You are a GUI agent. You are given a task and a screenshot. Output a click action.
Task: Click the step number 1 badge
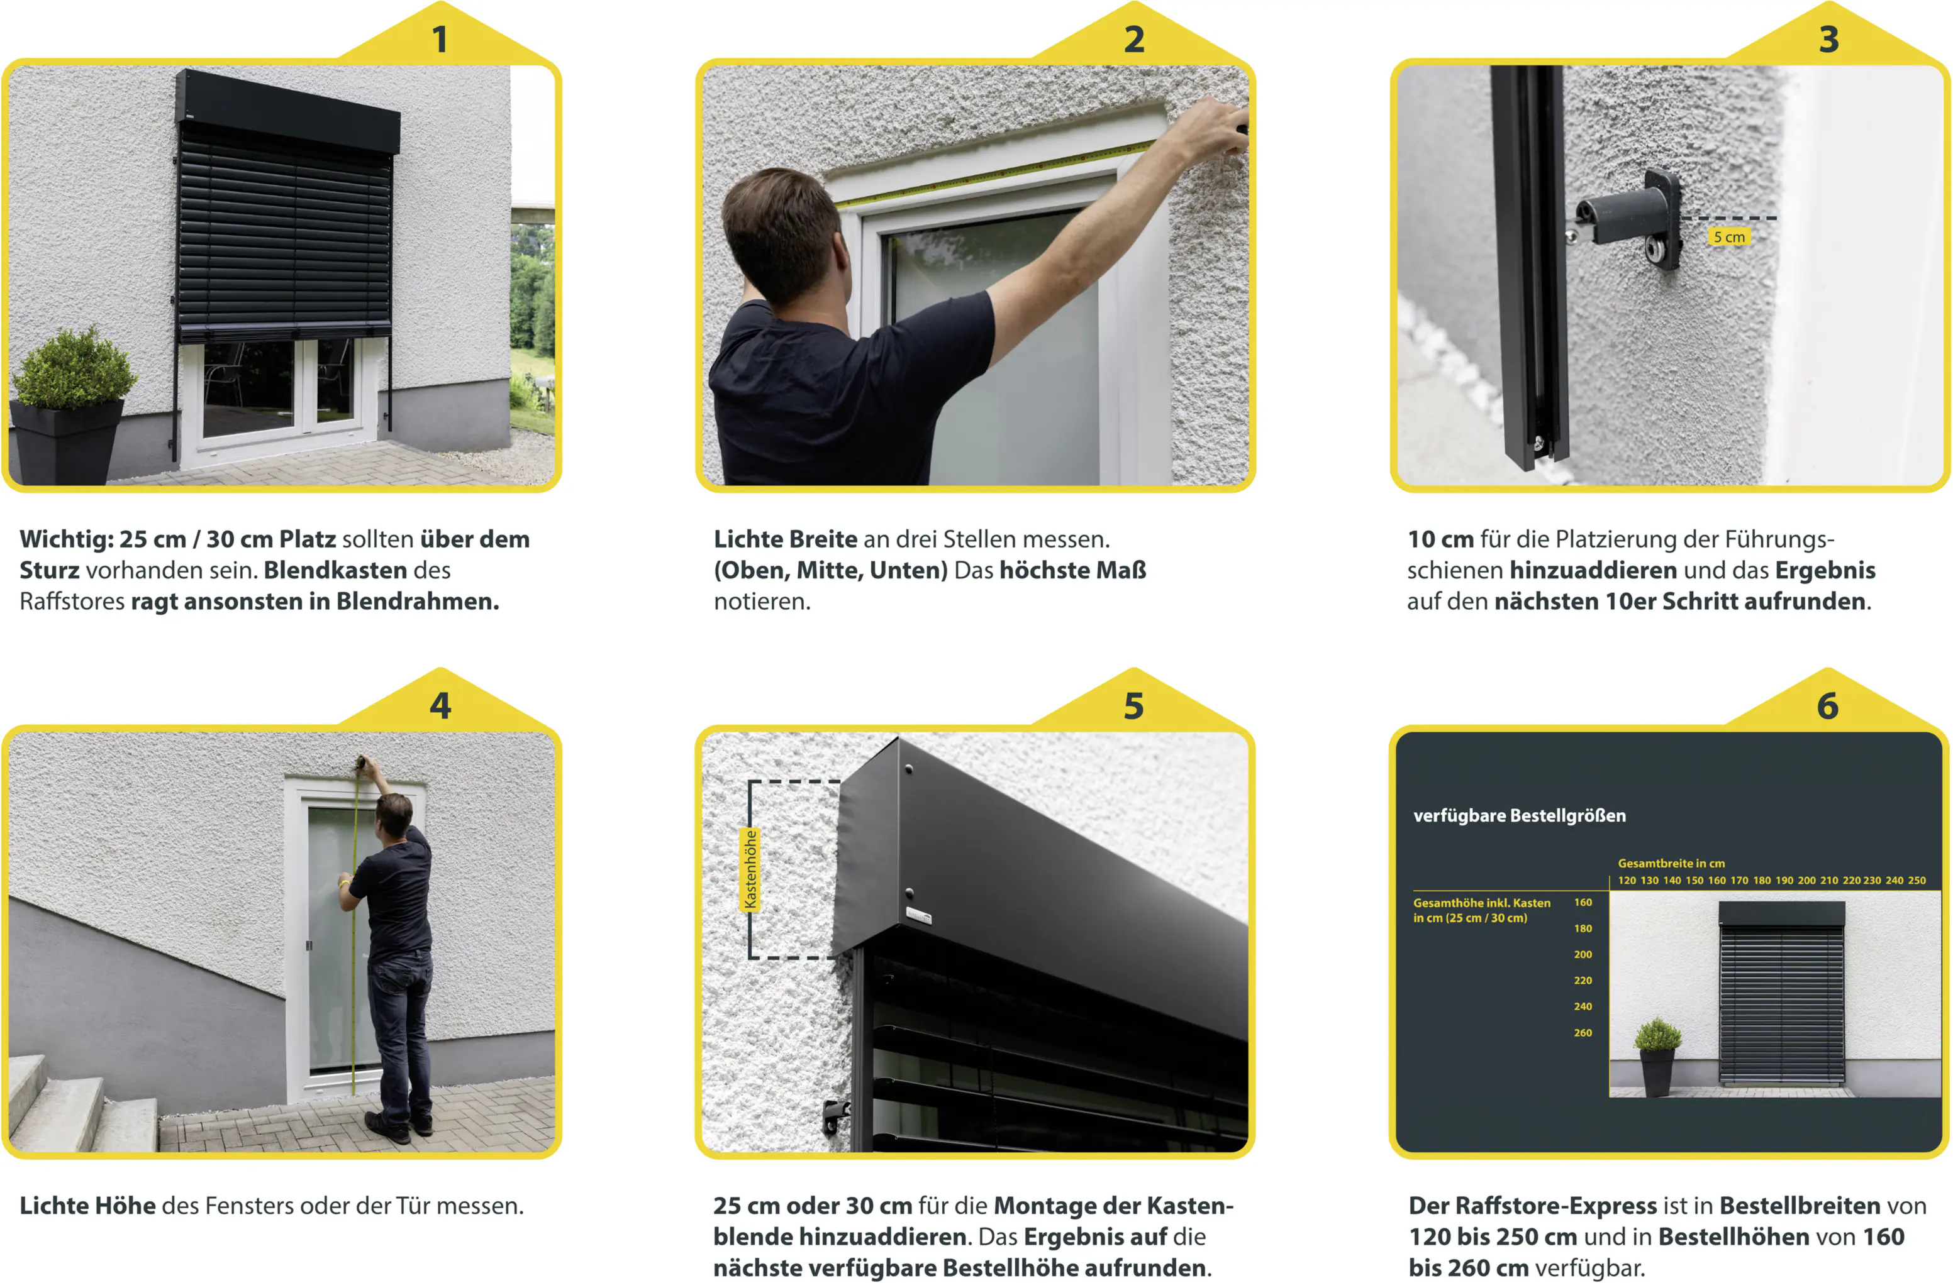(x=440, y=38)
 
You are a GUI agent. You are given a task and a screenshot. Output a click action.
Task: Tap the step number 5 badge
(x=1133, y=705)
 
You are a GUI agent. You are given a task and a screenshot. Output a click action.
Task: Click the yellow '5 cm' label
(x=1729, y=237)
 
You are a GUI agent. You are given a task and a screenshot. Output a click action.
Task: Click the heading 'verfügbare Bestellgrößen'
(x=1519, y=815)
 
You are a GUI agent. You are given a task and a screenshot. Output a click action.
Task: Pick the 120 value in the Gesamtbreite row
(x=1627, y=880)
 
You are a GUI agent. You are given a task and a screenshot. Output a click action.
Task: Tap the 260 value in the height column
(x=1583, y=1033)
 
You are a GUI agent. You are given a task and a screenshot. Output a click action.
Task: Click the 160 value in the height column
(x=1583, y=902)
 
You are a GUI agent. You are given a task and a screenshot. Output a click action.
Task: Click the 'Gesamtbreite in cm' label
(x=1671, y=863)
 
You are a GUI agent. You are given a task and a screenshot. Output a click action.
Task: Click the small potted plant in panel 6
(x=1657, y=1057)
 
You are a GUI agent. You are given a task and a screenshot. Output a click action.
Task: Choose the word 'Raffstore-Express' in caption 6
(x=1533, y=1206)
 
